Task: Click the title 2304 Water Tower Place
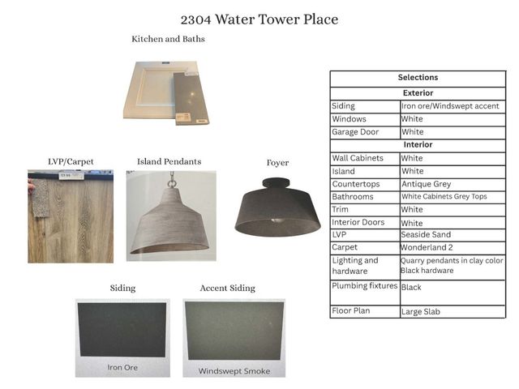[x=259, y=19]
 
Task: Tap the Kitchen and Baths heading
[x=168, y=39]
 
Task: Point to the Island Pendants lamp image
[x=171, y=216]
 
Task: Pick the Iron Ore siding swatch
[x=122, y=337]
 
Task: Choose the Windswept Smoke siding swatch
[x=234, y=337]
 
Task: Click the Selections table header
[x=418, y=78]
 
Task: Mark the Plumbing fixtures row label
[x=365, y=286]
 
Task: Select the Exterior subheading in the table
[x=418, y=93]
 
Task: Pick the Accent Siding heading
[x=227, y=288]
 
